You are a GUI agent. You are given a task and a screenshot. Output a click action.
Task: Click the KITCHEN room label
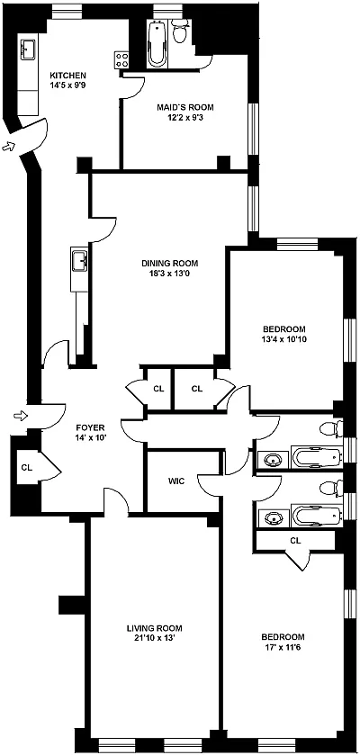(68, 76)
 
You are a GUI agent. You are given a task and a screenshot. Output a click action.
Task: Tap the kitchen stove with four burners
(121, 60)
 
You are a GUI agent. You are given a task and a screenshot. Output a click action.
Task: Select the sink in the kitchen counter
(27, 49)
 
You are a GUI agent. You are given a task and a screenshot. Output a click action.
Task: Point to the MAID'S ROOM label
(184, 107)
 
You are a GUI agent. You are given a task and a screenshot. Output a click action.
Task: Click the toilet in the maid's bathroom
(181, 32)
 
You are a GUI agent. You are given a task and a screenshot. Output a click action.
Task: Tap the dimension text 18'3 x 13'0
(170, 274)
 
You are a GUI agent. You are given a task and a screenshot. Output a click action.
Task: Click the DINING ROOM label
(170, 264)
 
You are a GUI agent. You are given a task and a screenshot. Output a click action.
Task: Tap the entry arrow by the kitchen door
(9, 146)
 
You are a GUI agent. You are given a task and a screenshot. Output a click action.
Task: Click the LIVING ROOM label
(155, 628)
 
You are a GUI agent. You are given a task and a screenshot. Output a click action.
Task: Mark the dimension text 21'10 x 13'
(155, 638)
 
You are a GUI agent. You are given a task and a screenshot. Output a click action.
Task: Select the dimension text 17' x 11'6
(283, 648)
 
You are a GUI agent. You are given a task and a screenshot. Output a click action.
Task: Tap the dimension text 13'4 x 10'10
(284, 339)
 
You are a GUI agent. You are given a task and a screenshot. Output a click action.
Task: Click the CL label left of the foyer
(26, 467)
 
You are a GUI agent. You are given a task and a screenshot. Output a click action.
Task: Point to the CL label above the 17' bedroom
(295, 541)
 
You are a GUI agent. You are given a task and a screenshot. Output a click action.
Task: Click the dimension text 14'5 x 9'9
(68, 85)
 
